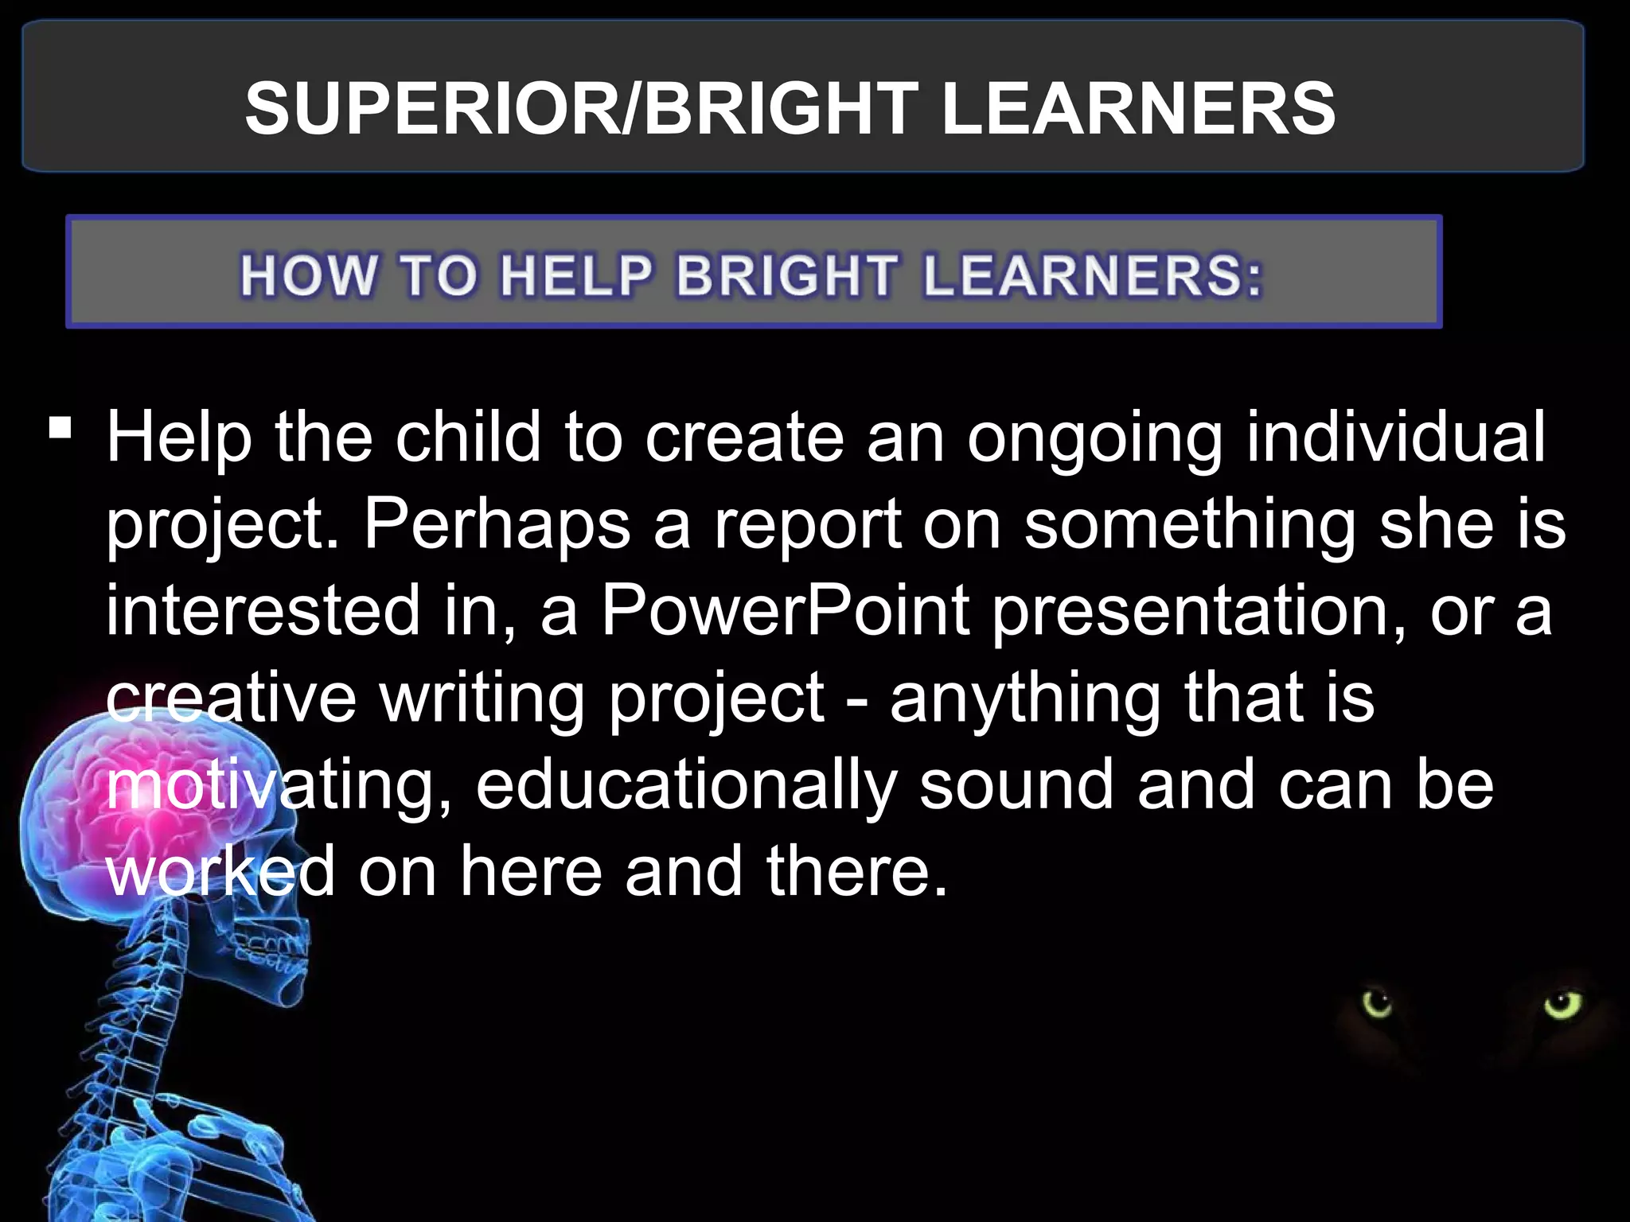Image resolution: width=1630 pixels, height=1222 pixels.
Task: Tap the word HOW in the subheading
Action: [309, 276]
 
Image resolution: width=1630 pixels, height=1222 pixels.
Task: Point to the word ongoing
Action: [1094, 439]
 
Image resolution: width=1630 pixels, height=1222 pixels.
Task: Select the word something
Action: [1190, 525]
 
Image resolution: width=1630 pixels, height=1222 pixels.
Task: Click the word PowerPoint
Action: [785, 611]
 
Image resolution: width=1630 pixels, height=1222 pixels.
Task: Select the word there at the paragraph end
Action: [857, 871]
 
